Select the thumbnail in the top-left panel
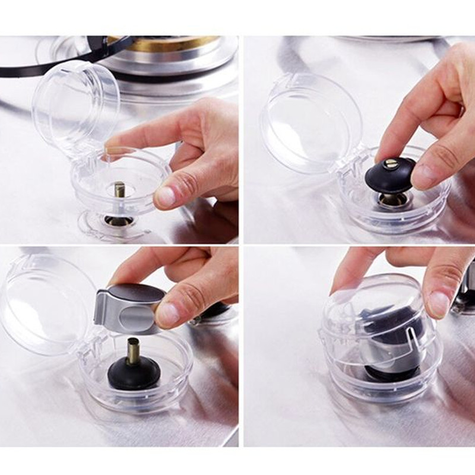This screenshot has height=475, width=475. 168,195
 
